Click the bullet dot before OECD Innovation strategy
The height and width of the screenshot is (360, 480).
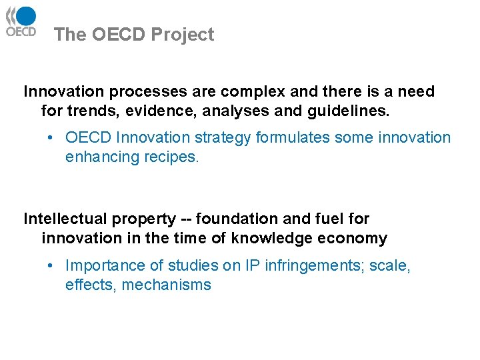tap(51, 138)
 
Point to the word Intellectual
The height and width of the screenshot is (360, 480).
tap(66, 219)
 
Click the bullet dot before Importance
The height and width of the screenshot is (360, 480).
tap(51, 266)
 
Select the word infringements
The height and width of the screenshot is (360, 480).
tap(311, 266)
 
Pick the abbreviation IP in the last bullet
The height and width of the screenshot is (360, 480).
tap(252, 266)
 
